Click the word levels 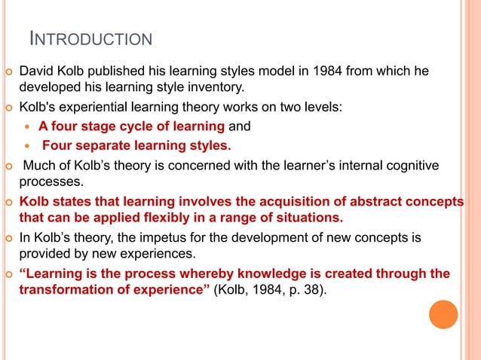click(x=321, y=108)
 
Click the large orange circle click(x=443, y=314)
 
